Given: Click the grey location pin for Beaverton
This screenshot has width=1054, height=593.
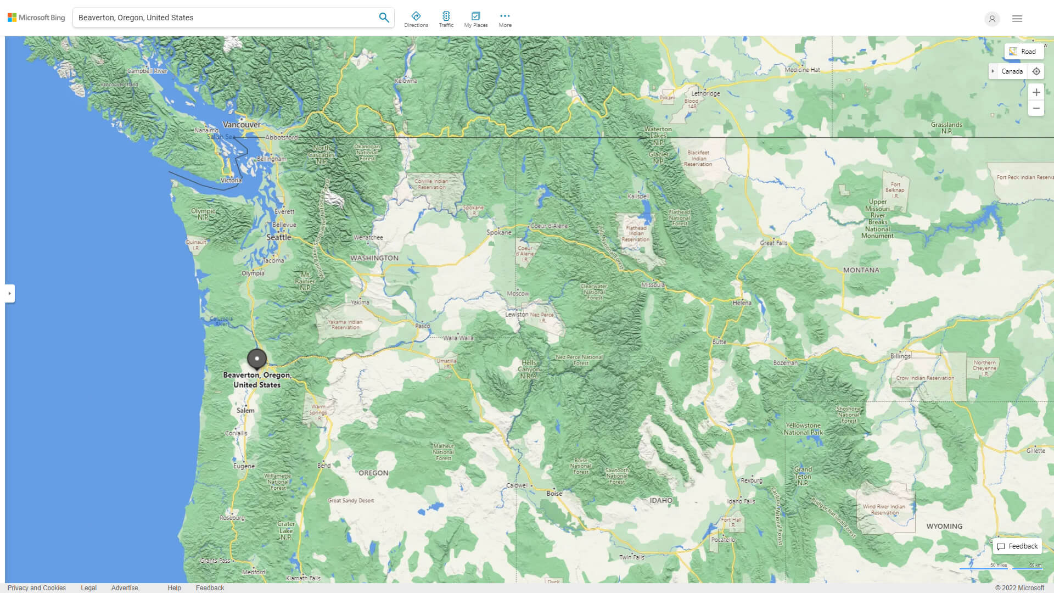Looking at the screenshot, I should (x=256, y=359).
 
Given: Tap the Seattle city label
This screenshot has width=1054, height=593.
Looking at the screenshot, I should (x=279, y=237).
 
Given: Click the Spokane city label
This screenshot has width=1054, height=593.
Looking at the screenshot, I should (x=498, y=232).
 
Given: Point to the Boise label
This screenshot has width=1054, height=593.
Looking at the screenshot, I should (x=554, y=494).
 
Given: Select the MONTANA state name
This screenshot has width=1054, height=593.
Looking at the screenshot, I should (x=861, y=270).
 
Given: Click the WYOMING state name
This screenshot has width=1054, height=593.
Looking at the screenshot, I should (x=944, y=526).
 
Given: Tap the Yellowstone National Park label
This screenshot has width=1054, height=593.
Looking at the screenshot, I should (x=803, y=429).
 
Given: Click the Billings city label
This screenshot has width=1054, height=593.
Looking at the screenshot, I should (x=900, y=356).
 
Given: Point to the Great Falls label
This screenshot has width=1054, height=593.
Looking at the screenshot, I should (x=773, y=243).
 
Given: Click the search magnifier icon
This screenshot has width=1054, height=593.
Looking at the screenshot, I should (x=384, y=18).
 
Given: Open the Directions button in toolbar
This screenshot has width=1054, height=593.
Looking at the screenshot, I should (x=416, y=19).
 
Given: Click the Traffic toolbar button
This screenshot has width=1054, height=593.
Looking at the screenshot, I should (x=446, y=19).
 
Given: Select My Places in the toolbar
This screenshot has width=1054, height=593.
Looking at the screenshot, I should (x=475, y=19).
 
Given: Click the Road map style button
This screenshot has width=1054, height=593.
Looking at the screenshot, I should (x=1023, y=51).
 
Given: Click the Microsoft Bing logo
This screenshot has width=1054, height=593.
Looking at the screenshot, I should (x=36, y=18).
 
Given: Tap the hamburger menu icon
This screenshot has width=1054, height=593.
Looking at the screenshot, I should (x=1017, y=19).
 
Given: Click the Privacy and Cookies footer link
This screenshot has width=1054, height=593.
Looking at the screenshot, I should (x=36, y=588).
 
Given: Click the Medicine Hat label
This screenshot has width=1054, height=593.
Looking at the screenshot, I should (x=802, y=70).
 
